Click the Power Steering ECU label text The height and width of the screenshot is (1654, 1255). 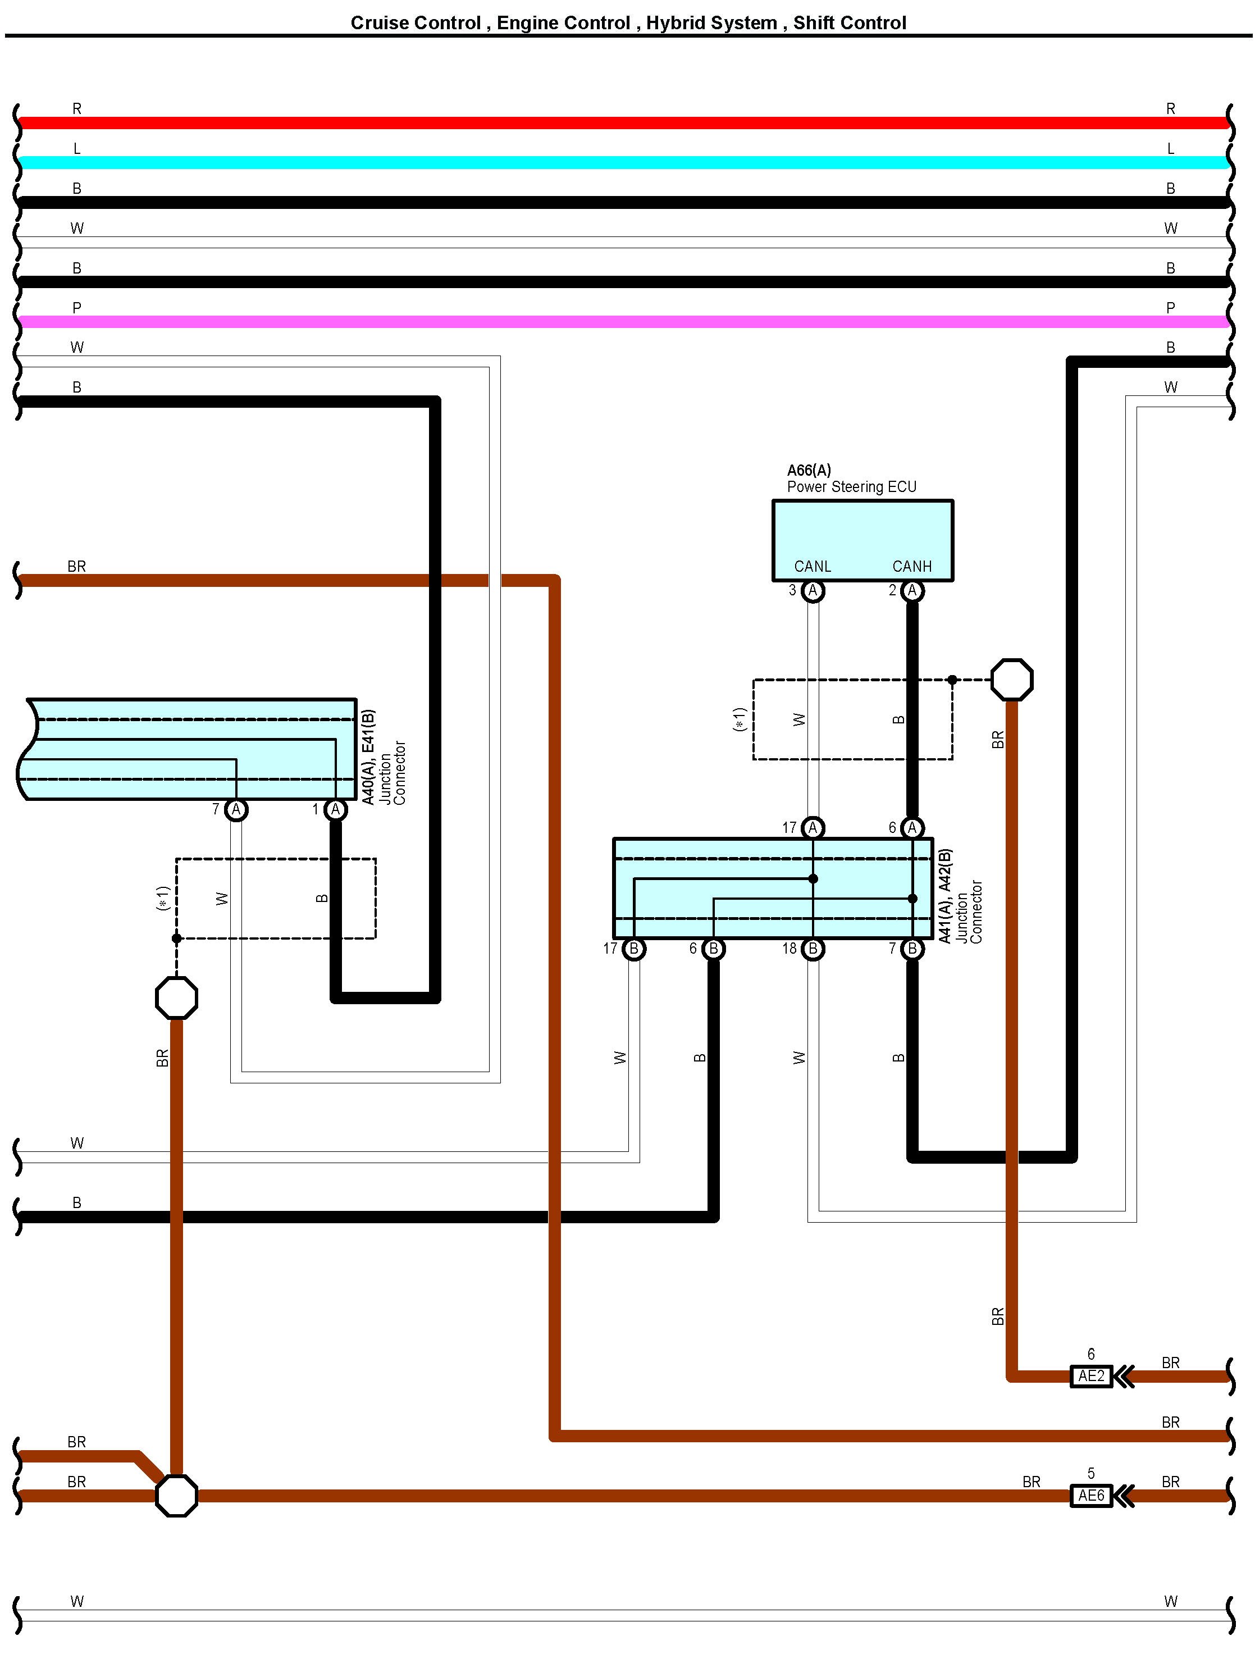tap(851, 487)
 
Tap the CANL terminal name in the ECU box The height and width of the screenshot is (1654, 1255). tap(813, 567)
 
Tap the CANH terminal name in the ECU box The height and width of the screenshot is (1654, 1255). tap(912, 567)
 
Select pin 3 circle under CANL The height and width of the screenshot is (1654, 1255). tap(813, 591)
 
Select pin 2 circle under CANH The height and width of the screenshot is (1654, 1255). tap(912, 591)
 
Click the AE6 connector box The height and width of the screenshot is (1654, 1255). tap(1091, 1496)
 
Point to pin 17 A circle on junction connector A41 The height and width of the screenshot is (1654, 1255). tap(813, 828)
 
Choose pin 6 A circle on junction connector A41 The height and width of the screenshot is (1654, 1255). tap(912, 828)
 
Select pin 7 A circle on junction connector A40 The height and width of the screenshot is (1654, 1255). tap(236, 810)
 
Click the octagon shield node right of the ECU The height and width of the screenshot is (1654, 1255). tap(1012, 680)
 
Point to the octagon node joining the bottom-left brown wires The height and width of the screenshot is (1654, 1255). tap(176, 1496)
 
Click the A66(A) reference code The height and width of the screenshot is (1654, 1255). tap(809, 470)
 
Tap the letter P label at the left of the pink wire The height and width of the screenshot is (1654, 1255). tap(77, 307)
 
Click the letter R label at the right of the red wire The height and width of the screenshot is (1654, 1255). tap(1171, 108)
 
